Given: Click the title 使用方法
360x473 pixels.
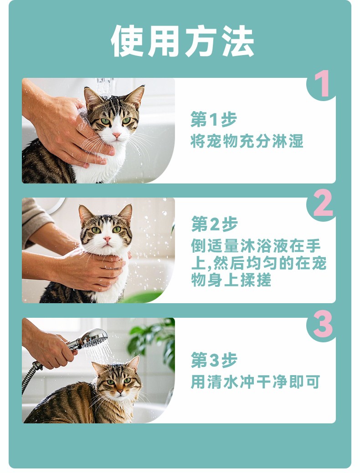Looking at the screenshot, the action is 182,41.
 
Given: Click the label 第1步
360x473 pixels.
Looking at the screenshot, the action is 214,119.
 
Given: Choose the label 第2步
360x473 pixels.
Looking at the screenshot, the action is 214,224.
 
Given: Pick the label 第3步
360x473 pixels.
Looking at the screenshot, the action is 214,360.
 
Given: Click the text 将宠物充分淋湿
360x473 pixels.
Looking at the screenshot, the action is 247,141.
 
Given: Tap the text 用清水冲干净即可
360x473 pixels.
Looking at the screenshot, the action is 255,382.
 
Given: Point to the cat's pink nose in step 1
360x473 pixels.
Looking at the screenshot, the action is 116,135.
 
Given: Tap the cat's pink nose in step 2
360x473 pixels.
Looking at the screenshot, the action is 107,239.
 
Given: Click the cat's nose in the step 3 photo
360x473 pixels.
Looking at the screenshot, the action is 120,392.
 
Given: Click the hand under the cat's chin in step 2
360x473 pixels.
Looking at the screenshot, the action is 91,270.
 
